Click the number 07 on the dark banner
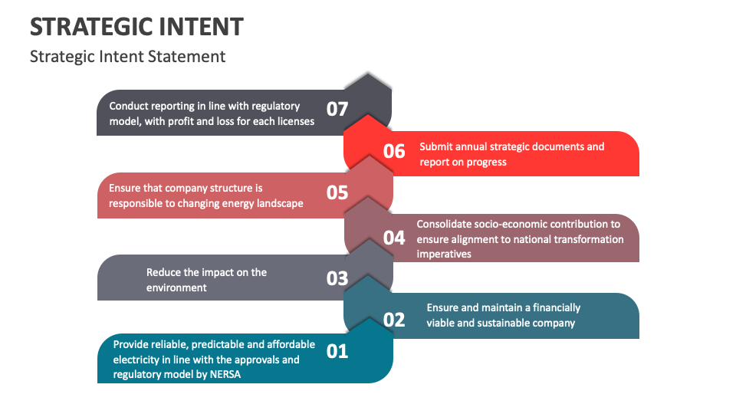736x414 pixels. coord(337,110)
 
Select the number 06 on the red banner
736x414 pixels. coord(394,151)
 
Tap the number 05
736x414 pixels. coord(337,192)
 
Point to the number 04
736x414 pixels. coord(394,238)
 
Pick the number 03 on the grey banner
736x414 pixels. coord(337,278)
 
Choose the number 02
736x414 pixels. coord(394,320)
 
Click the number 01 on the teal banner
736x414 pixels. coord(337,352)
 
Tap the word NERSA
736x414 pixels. coord(225,375)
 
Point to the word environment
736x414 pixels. coord(176,287)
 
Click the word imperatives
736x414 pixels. coord(444,255)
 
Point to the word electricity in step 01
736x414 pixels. coord(136,360)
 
